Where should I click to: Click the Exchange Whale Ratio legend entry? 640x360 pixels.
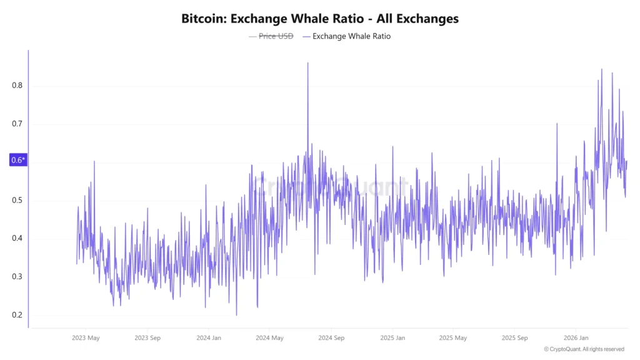[351, 36]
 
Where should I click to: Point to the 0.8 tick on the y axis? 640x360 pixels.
[17, 86]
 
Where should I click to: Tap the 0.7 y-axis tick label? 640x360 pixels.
[17, 124]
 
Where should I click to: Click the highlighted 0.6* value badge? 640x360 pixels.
[18, 161]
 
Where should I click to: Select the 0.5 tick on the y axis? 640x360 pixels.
[17, 201]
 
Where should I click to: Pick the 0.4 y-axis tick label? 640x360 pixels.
[17, 239]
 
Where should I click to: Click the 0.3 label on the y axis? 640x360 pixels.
[17, 277]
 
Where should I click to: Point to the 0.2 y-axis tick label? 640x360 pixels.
[17, 315]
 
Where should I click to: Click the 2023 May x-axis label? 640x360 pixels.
[85, 338]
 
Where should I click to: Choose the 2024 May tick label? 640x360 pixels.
[269, 338]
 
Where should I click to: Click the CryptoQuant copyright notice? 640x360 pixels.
[584, 349]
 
